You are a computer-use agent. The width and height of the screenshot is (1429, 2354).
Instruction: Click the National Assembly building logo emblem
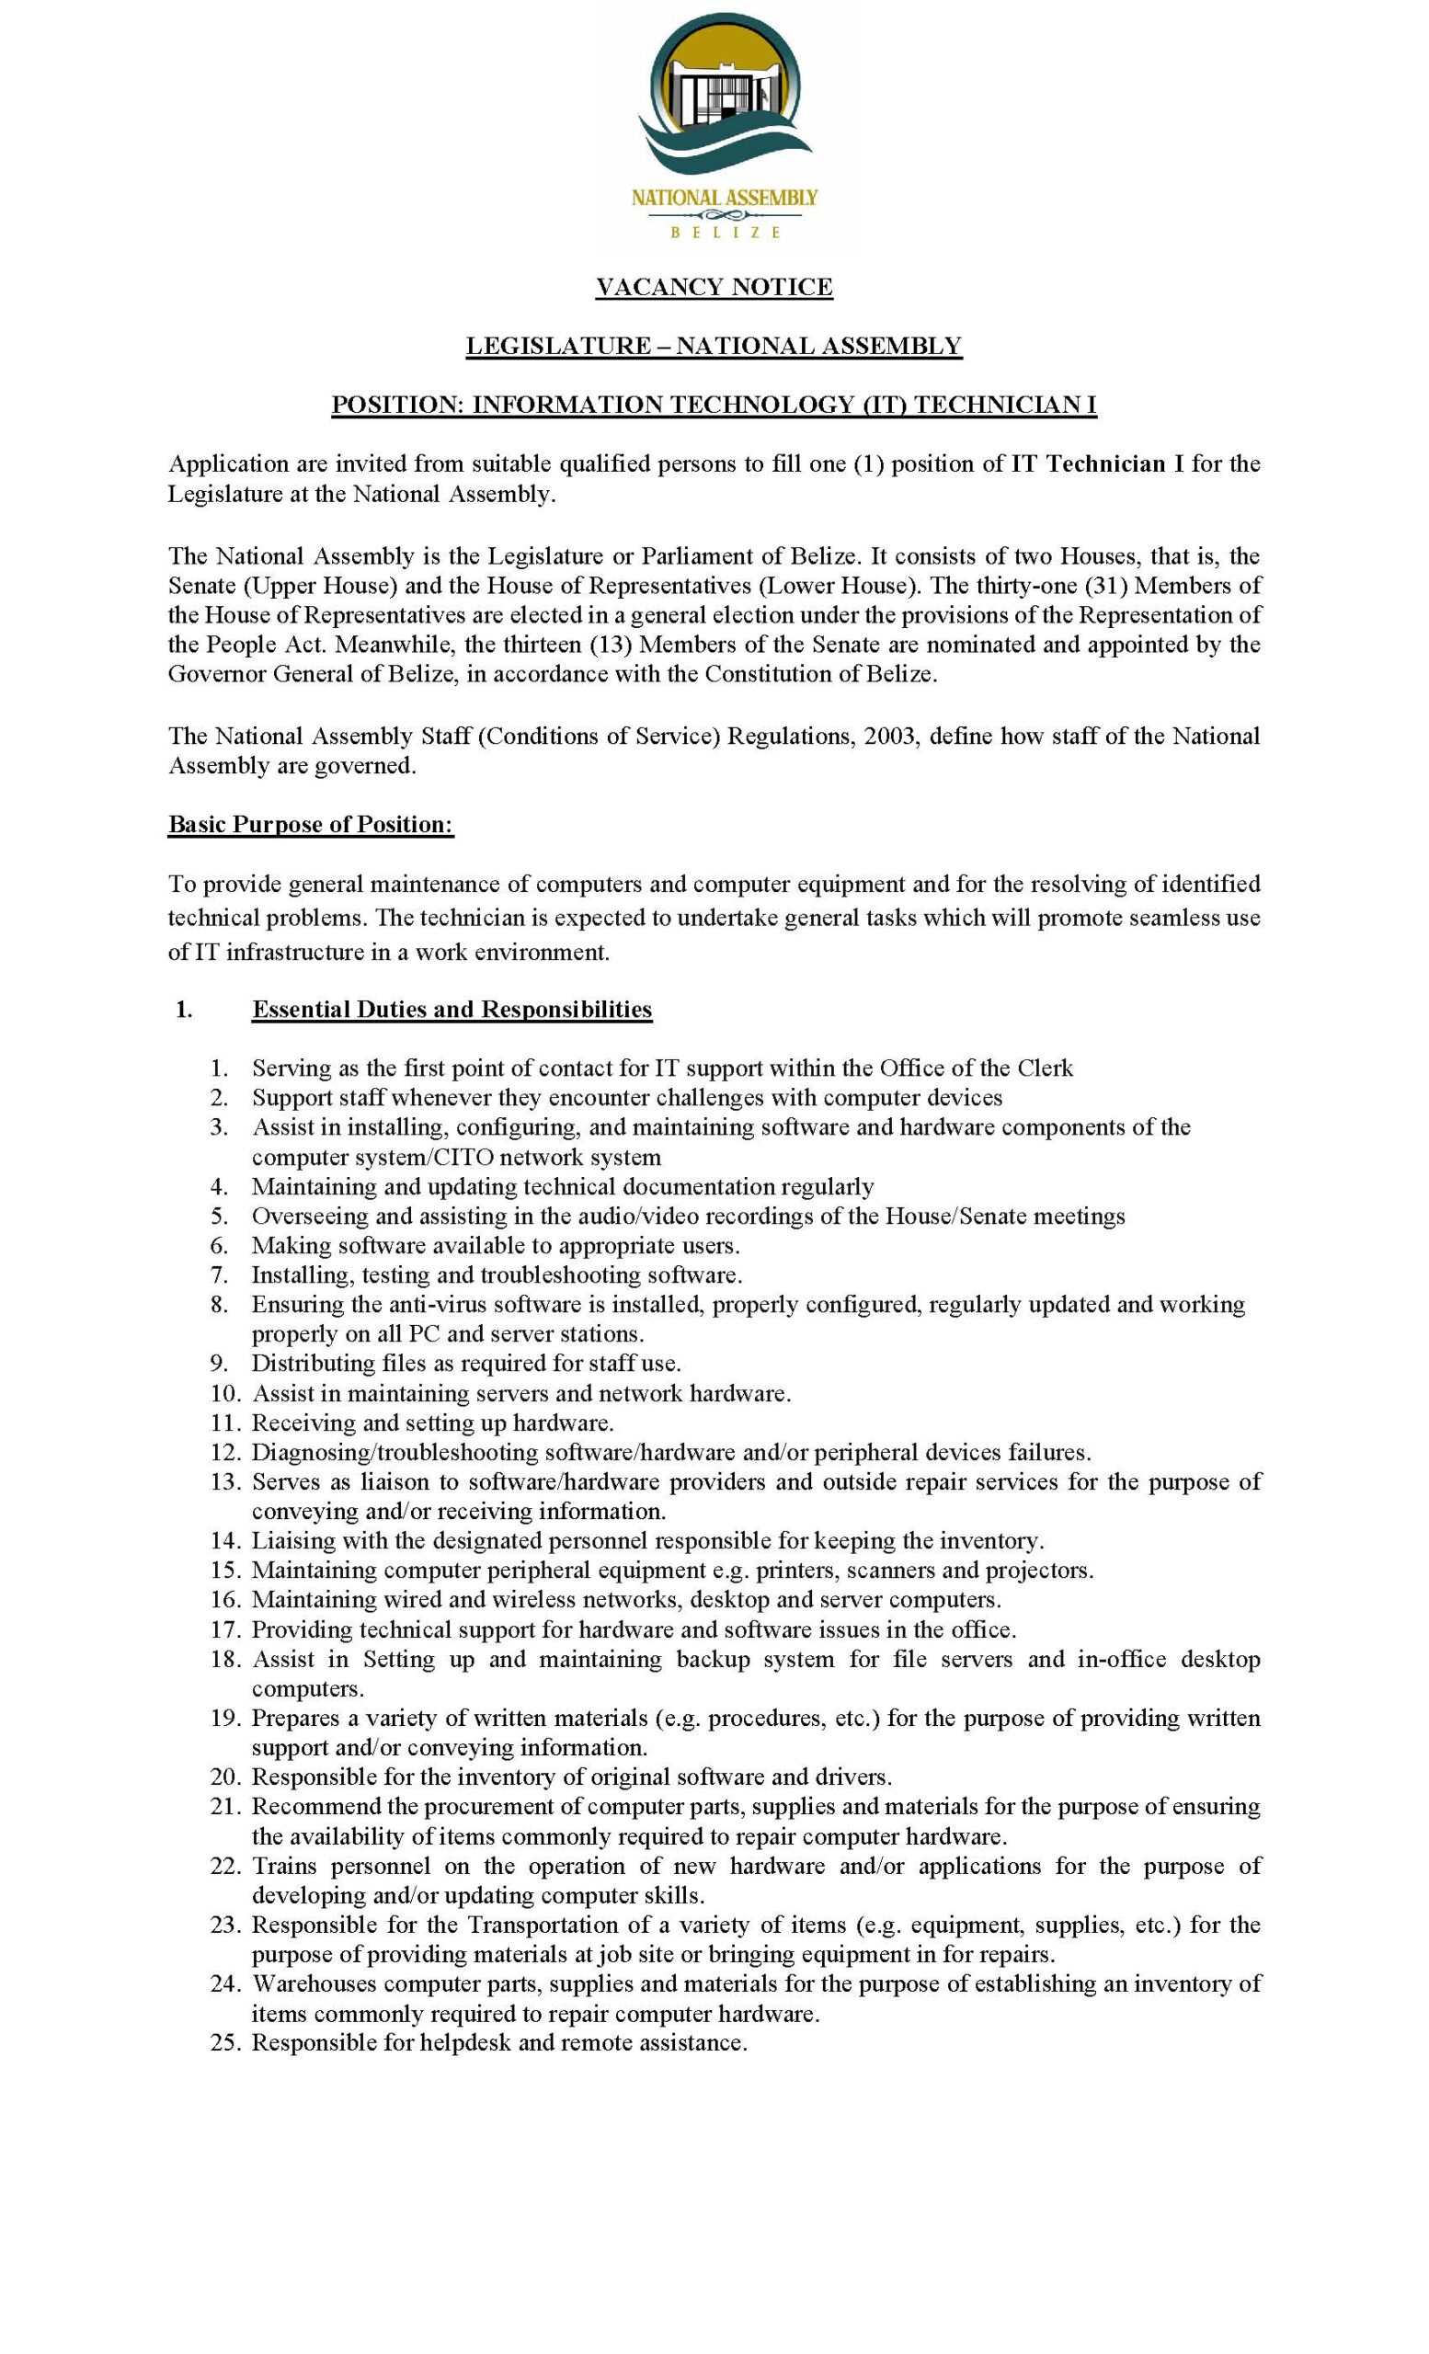click(x=724, y=100)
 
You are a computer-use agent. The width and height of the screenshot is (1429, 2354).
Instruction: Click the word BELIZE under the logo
click(x=724, y=231)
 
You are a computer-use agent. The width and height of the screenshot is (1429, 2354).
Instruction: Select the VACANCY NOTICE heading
click(x=714, y=287)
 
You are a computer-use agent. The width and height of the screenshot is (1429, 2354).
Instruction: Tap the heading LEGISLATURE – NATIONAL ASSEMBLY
click(x=714, y=346)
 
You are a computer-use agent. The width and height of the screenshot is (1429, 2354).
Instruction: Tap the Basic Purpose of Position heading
click(x=311, y=825)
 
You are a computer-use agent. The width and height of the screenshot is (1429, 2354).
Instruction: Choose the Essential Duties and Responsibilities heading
click(x=452, y=1009)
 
